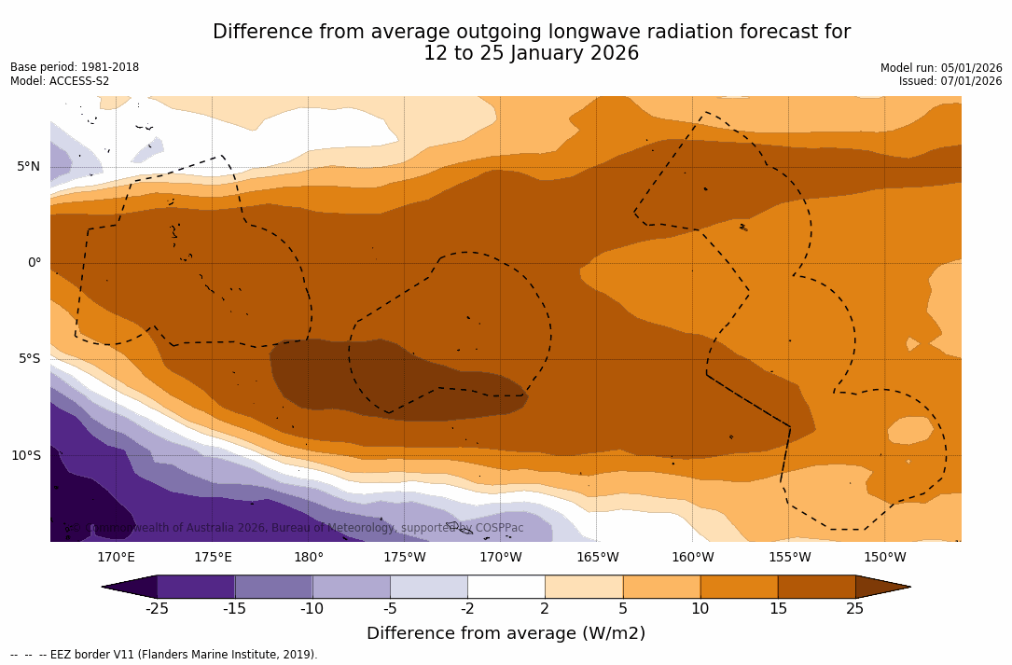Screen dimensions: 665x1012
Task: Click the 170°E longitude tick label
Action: point(116,558)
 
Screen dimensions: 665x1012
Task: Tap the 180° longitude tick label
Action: point(309,558)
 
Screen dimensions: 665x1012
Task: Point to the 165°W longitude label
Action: point(597,558)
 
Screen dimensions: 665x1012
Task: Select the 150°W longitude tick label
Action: point(885,558)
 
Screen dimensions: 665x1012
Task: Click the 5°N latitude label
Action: point(28,167)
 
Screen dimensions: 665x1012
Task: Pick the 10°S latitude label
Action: point(25,456)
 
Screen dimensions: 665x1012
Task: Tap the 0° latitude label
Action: point(34,263)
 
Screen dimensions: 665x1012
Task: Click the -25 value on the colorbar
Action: point(156,609)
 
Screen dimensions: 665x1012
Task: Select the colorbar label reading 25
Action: point(854,609)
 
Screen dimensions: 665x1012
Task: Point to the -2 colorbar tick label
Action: point(466,609)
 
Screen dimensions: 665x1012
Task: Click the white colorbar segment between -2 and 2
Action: point(506,587)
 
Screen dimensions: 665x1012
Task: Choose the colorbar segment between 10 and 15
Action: point(739,587)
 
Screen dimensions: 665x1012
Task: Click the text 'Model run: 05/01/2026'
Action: point(941,68)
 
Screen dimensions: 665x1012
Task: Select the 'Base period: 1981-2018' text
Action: point(75,67)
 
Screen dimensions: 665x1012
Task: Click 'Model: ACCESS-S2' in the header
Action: point(60,81)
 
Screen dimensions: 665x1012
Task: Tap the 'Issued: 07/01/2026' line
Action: point(950,81)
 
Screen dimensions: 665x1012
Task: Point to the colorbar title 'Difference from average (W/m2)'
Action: point(506,633)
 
